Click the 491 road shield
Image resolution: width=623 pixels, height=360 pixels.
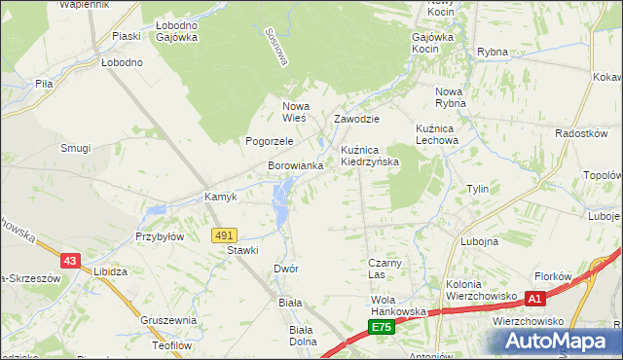tap(224, 235)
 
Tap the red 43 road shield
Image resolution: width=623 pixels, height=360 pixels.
tap(69, 261)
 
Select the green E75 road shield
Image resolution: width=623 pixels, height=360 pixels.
tap(382, 328)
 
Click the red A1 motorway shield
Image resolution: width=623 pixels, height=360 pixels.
tap(534, 298)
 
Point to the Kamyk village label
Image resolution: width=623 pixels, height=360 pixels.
tap(221, 197)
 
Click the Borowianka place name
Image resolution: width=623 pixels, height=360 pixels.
tap(295, 166)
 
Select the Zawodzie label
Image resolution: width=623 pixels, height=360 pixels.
tap(356, 119)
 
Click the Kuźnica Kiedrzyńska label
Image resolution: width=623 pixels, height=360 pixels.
tap(370, 156)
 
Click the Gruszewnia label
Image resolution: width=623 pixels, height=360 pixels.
tap(168, 320)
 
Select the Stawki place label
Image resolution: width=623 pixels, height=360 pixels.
tap(242, 250)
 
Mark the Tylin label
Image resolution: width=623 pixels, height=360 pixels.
tap(477, 189)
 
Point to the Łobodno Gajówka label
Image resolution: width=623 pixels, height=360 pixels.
tap(176, 31)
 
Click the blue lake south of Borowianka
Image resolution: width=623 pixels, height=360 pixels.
tap(281, 201)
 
